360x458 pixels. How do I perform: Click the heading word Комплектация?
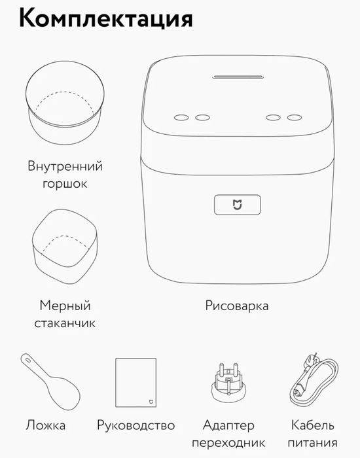click(105, 18)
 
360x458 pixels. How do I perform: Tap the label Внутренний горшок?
click(65, 175)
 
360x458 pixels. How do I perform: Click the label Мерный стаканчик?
click(65, 315)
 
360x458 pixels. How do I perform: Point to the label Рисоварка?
click(237, 306)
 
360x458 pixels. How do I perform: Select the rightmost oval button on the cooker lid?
click(295, 118)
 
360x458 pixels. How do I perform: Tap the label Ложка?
click(46, 425)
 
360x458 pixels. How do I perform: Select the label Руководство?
click(135, 425)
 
